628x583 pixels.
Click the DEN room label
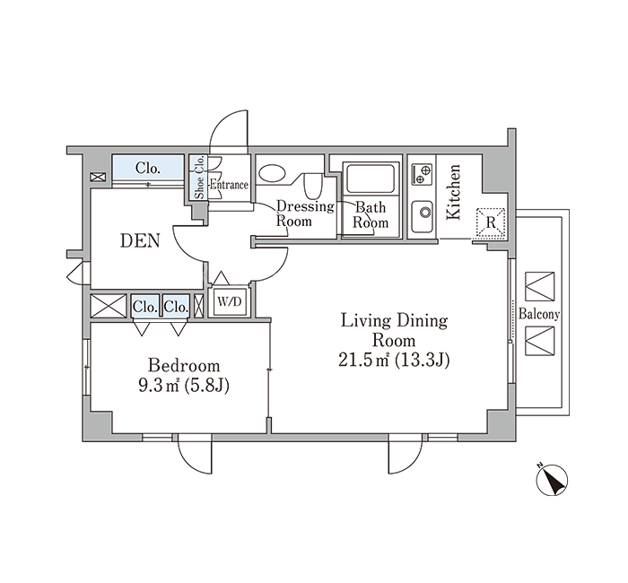(140, 240)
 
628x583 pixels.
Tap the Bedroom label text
(184, 366)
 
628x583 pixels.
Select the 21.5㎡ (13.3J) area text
(394, 360)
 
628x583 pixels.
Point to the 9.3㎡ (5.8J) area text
(184, 386)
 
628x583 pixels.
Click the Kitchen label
(454, 192)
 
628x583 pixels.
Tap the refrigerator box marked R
(491, 223)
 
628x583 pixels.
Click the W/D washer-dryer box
(230, 301)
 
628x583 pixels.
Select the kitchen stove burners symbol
(422, 174)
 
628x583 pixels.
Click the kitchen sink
(423, 216)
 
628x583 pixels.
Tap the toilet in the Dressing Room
(313, 186)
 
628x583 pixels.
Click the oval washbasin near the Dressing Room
(273, 173)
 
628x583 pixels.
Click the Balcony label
(539, 314)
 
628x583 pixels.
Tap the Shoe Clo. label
(199, 178)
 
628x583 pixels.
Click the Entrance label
(229, 185)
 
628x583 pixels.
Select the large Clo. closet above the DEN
(148, 169)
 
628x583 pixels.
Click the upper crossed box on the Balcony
(540, 287)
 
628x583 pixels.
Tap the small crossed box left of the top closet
(98, 177)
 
